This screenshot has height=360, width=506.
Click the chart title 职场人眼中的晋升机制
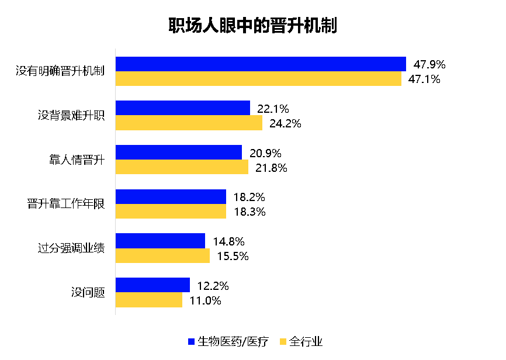252,26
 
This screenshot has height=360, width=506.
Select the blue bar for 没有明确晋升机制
261,64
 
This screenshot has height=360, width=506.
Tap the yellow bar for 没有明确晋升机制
258,79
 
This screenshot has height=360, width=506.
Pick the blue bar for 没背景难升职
183,108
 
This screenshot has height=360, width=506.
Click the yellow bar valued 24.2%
189,123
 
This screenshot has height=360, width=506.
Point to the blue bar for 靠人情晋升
179,153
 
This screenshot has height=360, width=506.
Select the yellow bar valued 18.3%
171,212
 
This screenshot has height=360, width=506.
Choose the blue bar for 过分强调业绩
160,241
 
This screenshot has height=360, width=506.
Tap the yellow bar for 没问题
149,300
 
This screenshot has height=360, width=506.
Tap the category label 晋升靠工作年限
66,204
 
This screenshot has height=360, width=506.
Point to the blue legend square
190,341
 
